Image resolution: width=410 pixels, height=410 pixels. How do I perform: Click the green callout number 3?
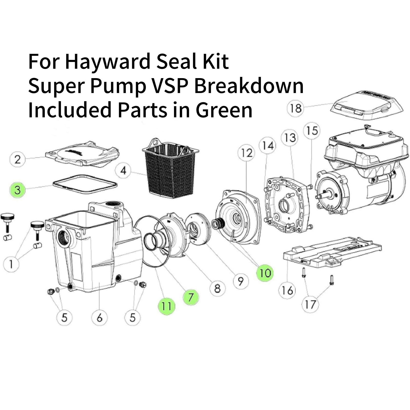(x=18, y=190)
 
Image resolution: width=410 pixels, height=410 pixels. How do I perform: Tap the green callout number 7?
(x=191, y=297)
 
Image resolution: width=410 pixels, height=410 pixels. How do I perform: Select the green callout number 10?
(x=265, y=273)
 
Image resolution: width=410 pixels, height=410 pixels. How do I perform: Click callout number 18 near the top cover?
(x=296, y=108)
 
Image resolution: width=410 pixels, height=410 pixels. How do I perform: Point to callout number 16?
(x=287, y=291)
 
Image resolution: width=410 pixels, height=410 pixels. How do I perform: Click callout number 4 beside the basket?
(x=124, y=170)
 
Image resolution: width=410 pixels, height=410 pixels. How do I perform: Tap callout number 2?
(x=18, y=159)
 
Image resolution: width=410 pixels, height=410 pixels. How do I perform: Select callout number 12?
(x=247, y=153)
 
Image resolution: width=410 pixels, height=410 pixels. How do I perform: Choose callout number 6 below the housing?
(x=99, y=318)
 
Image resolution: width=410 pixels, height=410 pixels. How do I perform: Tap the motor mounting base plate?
(x=332, y=252)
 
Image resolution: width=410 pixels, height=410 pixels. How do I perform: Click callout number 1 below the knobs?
(x=11, y=264)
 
